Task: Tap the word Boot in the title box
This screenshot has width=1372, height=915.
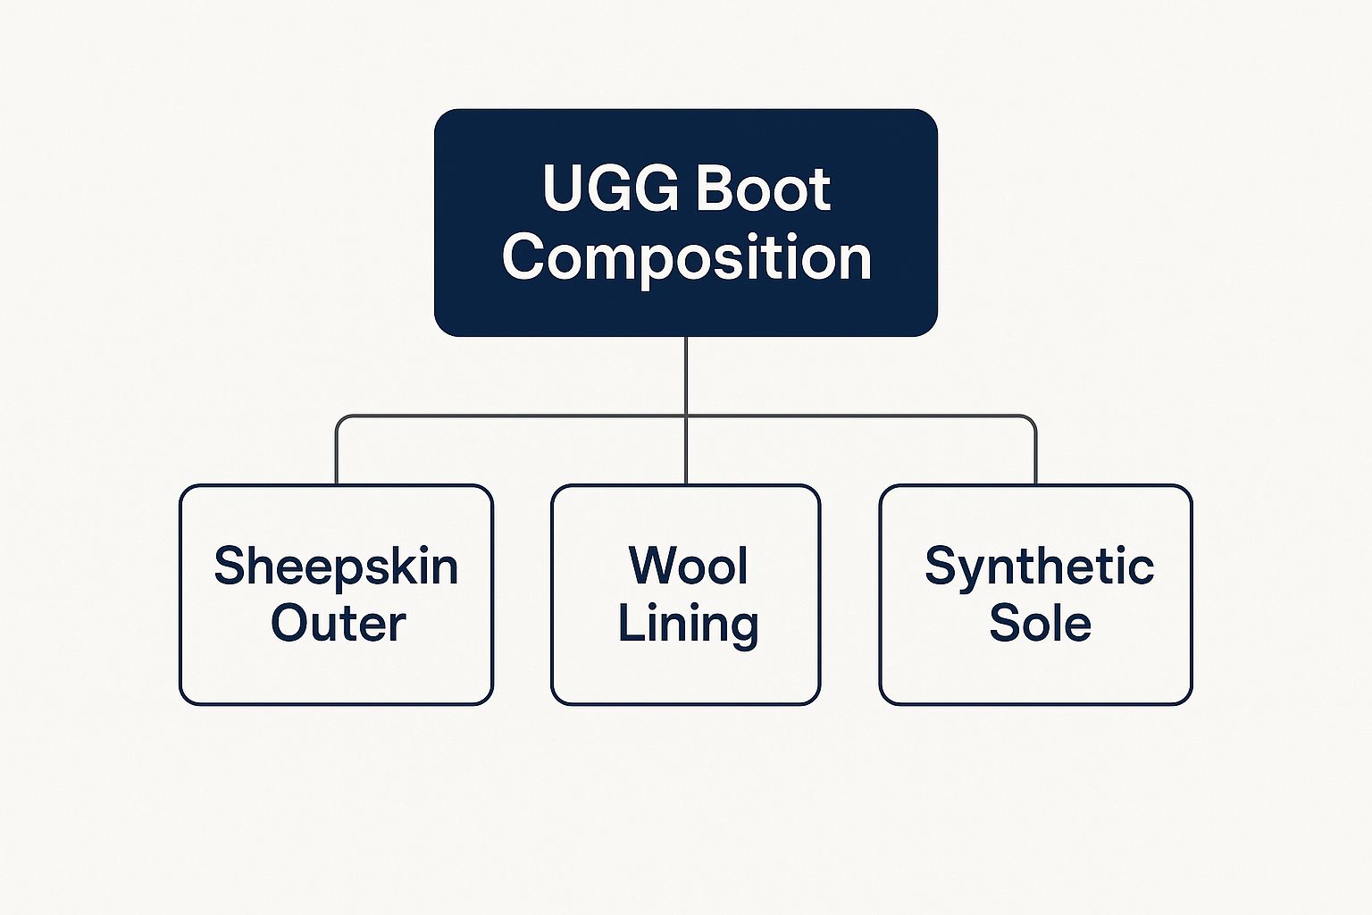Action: (x=763, y=189)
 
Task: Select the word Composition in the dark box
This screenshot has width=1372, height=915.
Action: (x=686, y=258)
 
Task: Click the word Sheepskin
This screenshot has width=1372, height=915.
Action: (x=336, y=567)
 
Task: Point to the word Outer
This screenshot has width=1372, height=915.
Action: (x=338, y=624)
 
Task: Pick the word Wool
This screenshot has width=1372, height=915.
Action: (x=688, y=566)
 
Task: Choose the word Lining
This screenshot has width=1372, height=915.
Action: (x=688, y=624)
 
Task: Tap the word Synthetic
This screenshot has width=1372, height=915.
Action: (x=1039, y=567)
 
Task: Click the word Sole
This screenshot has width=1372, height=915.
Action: (x=1040, y=624)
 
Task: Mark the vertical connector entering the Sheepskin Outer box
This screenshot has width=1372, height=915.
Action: (x=337, y=456)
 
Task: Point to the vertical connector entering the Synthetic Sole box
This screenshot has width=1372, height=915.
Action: (x=1035, y=456)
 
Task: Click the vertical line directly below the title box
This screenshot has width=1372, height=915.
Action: (x=686, y=375)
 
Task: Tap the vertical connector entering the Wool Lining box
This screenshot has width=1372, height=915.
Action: (x=686, y=456)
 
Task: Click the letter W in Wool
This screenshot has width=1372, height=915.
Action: (x=649, y=566)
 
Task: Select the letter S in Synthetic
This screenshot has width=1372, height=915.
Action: (x=941, y=566)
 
